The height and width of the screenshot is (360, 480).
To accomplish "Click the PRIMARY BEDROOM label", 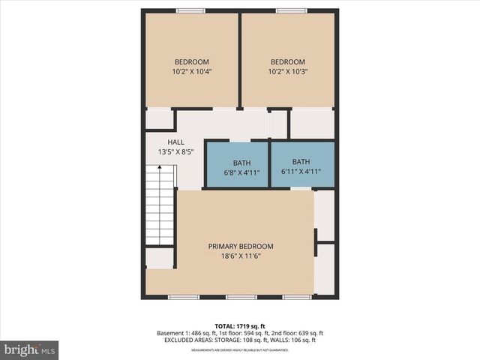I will pyautogui.click(x=240, y=246).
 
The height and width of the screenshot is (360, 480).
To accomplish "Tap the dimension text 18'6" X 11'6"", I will pyautogui.click(x=240, y=256).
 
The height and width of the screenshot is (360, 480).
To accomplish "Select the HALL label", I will pyautogui.click(x=175, y=142).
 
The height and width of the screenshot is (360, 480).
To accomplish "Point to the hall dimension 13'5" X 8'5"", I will pyautogui.click(x=175, y=151).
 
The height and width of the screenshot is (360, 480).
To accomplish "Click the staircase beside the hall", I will pyautogui.click(x=160, y=208).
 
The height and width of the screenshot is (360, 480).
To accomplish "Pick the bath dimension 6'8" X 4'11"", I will pyautogui.click(x=241, y=172).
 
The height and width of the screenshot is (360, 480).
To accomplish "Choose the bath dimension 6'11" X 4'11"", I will pyautogui.click(x=301, y=172).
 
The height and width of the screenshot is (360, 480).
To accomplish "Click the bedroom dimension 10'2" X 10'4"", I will pyautogui.click(x=192, y=72).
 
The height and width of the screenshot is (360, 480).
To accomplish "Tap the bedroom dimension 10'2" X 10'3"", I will pyautogui.click(x=288, y=72).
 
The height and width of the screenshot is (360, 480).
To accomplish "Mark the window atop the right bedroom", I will pyautogui.click(x=286, y=10).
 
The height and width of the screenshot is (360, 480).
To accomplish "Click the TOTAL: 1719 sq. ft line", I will pyautogui.click(x=240, y=325).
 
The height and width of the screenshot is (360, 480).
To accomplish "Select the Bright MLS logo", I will pyautogui.click(x=30, y=349).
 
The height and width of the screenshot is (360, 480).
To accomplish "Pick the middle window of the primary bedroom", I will pyautogui.click(x=241, y=297).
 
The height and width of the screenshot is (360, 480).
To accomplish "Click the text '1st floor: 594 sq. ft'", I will pyautogui.click(x=239, y=333).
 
